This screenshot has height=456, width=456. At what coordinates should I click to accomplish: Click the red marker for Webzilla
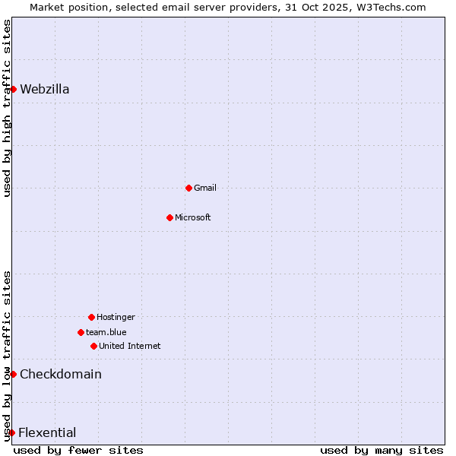13,89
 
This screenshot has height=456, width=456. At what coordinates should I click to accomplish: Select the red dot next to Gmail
188,188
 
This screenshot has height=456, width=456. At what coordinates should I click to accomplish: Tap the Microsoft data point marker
169,217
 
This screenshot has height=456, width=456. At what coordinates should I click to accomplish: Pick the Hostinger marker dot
91,317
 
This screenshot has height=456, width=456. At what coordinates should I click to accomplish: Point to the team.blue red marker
81,332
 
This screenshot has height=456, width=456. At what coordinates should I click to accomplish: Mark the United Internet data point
93,346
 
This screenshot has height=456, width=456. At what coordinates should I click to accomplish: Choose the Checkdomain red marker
13,374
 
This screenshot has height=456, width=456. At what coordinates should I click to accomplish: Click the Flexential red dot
11,432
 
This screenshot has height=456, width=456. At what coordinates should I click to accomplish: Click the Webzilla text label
44,89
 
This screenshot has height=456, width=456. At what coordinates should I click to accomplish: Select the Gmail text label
205,188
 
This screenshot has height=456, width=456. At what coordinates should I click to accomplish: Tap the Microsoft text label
193,217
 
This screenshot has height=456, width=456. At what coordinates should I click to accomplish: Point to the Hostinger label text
116,317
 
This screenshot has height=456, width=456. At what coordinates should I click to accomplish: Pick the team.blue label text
106,332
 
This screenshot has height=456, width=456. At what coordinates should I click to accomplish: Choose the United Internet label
130,346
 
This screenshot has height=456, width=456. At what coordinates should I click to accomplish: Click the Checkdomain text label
61,374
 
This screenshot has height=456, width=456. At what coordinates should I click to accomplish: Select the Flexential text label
47,432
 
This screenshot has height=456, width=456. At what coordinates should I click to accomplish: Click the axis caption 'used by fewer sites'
78,450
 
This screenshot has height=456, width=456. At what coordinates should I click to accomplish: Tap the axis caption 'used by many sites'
382,450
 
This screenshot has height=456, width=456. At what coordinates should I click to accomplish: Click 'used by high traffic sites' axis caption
7,108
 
